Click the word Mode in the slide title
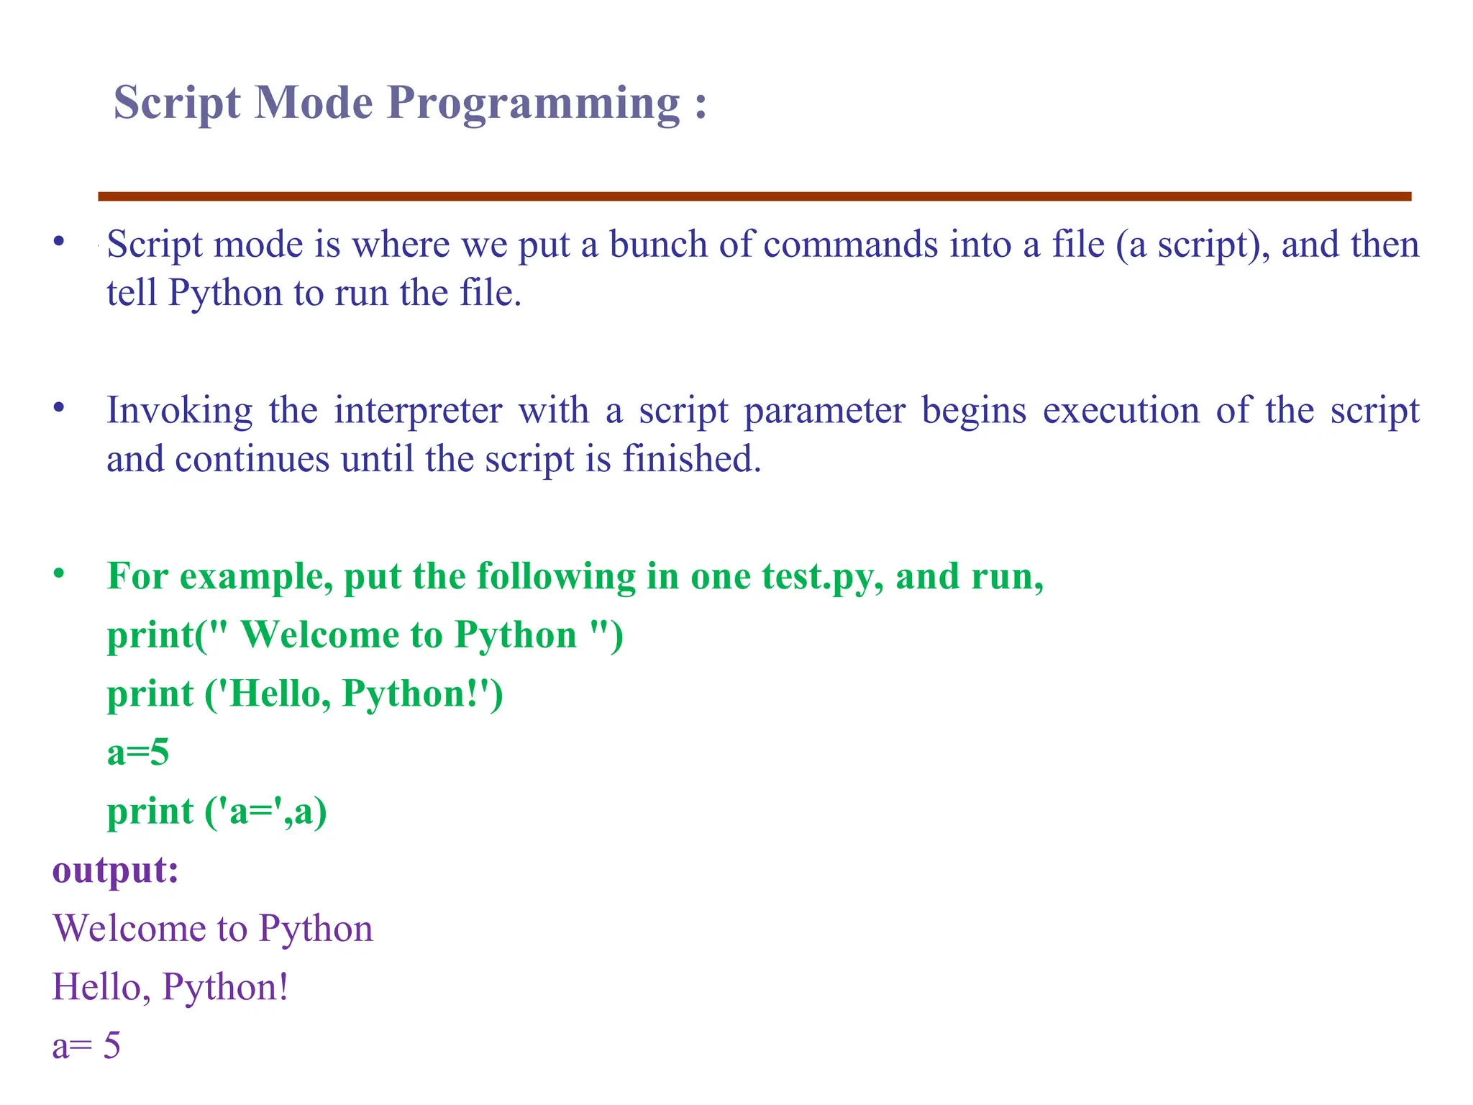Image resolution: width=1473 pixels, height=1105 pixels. tap(314, 103)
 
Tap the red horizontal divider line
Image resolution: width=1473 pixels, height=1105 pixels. tap(754, 196)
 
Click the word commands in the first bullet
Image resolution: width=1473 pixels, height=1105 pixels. tap(850, 245)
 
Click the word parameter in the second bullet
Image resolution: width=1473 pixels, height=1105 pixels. tap(824, 411)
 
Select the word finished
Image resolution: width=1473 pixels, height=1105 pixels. tap(691, 459)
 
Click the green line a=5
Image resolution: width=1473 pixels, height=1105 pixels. tap(138, 753)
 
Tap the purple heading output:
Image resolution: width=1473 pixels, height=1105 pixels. tap(115, 870)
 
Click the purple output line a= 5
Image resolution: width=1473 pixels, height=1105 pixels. tap(86, 1045)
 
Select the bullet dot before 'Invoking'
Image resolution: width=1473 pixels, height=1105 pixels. tap(59, 409)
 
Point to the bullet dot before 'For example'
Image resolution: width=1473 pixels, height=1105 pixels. tap(59, 574)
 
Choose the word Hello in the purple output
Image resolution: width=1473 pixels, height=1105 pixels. tap(97, 987)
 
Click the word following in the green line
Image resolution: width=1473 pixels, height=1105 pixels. tap(556, 577)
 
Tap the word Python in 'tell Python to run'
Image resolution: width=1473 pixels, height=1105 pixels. tap(224, 294)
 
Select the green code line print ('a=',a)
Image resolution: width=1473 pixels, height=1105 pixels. tap(217, 812)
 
